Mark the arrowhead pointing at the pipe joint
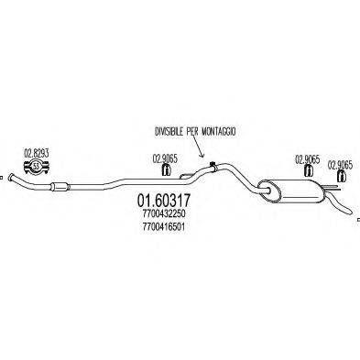pyautogui.click(x=211, y=161)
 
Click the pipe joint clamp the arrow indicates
pyautogui.click(x=212, y=167)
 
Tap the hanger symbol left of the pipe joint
pyautogui.click(x=167, y=170)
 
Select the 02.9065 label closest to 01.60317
pyautogui.click(x=166, y=158)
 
